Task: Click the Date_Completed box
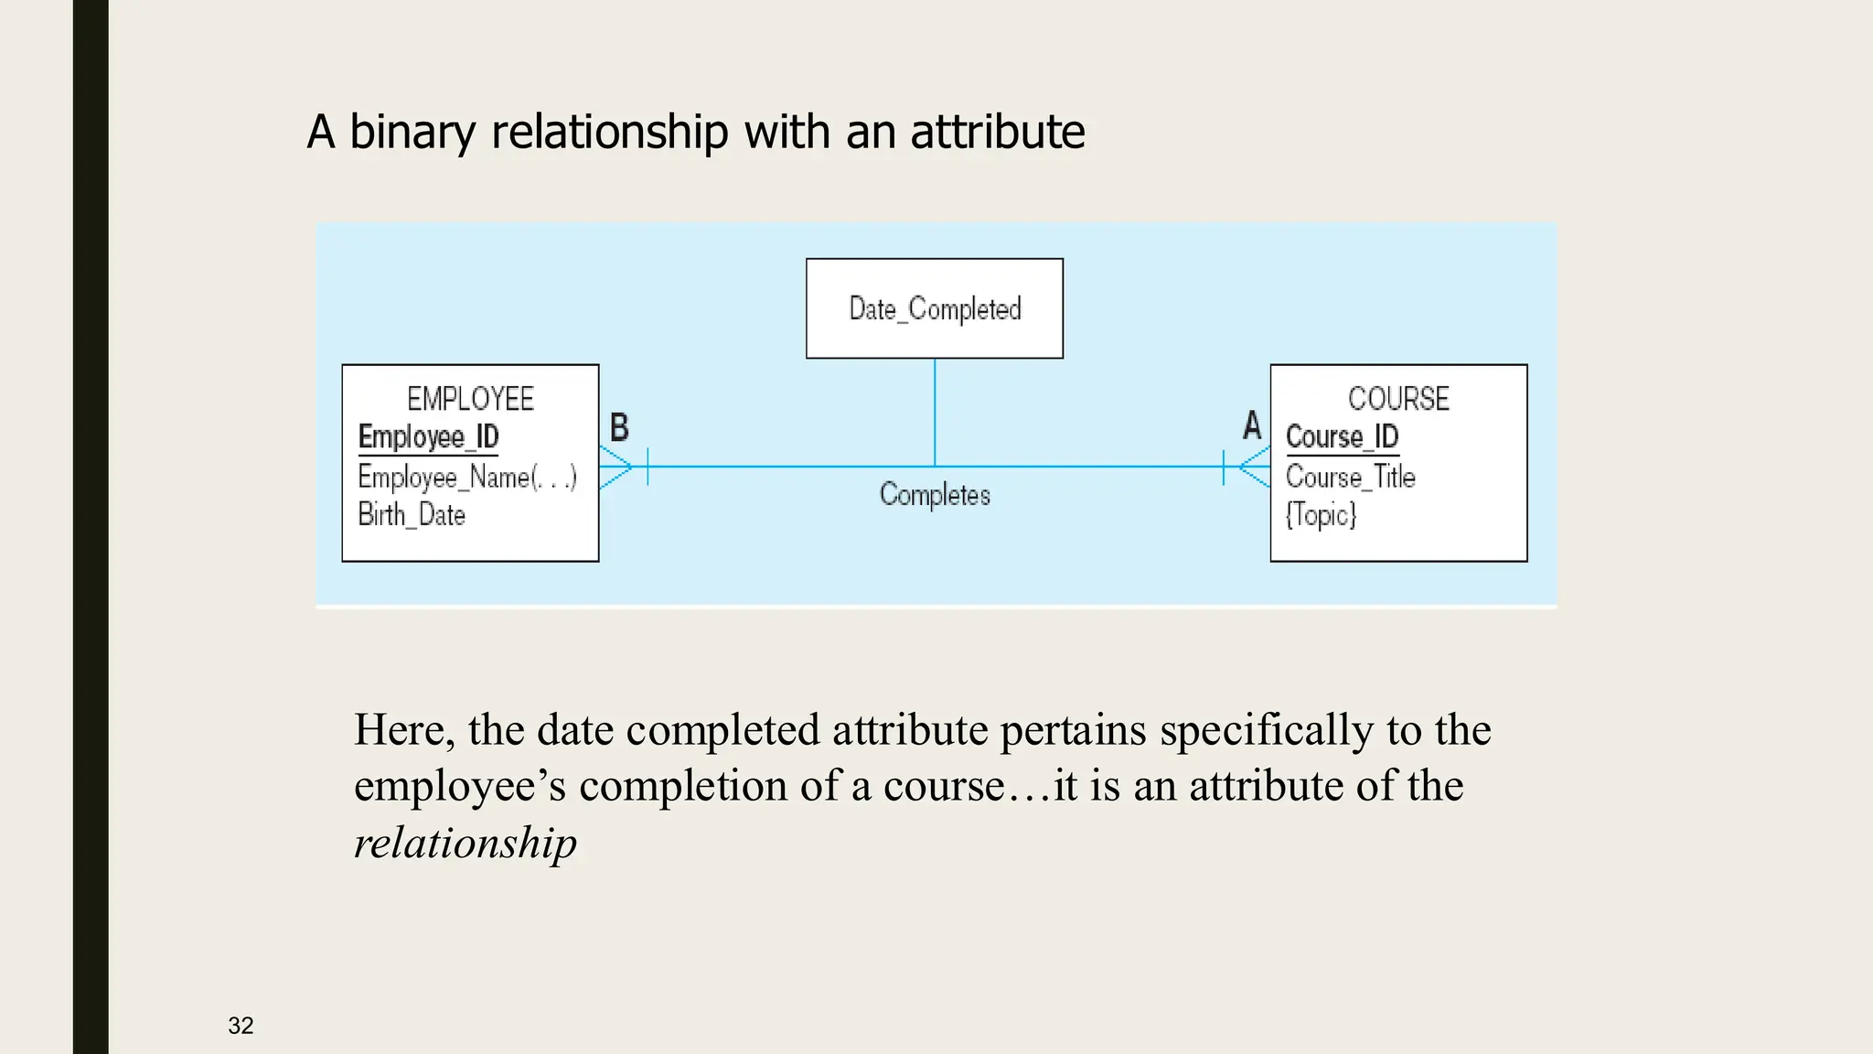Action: [x=934, y=308]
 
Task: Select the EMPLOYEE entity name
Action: [x=470, y=399]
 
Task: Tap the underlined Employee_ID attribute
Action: [x=428, y=437]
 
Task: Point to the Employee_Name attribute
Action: [x=466, y=477]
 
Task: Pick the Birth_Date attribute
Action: [x=412, y=515]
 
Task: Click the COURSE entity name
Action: [x=1398, y=399]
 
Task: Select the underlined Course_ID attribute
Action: [x=1342, y=437]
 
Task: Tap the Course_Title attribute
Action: [x=1350, y=477]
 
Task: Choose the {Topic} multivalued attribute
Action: [x=1321, y=515]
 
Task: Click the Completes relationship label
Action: [x=935, y=495]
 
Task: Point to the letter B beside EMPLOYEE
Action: [x=619, y=427]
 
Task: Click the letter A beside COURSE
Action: [x=1252, y=425]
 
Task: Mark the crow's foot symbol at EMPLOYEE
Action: [x=616, y=467]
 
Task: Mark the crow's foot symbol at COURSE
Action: [x=1254, y=467]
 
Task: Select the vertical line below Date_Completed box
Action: [x=935, y=412]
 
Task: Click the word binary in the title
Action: [x=412, y=132]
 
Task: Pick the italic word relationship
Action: [x=466, y=843]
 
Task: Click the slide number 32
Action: [x=241, y=1026]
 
